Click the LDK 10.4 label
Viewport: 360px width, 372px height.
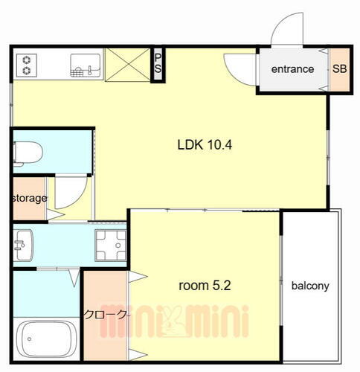coord(205,144)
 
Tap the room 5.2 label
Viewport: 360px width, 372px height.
coord(205,286)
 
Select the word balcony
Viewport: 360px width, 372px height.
coord(310,286)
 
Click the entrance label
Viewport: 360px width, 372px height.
coord(292,69)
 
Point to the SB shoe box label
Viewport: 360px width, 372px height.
coord(339,68)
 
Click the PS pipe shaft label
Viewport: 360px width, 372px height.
coord(158,63)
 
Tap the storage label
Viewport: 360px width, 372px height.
coord(30,198)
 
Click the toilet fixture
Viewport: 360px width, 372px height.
coord(28,153)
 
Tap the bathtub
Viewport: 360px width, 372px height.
coord(46,339)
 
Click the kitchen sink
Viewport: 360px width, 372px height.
coord(86,65)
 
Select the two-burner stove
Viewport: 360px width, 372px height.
coord(27,65)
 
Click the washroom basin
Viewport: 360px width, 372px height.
coord(24,245)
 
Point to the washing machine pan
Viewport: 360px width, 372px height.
coord(111,246)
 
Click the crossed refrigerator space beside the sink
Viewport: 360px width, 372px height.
coord(128,65)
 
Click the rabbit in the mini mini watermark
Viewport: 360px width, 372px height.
coord(172,321)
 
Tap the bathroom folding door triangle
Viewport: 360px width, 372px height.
coord(74,278)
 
